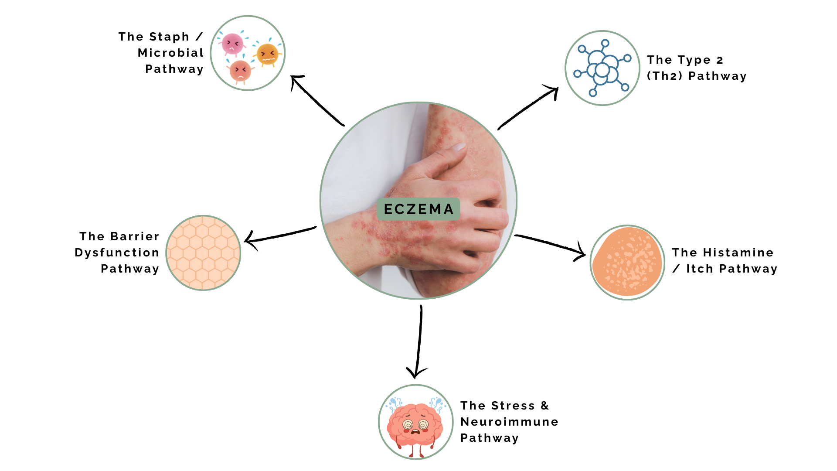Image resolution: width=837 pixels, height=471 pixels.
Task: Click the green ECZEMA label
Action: (418, 209)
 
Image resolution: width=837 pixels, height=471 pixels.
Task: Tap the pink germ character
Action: (232, 44)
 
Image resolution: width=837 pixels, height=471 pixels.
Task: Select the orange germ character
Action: (267, 55)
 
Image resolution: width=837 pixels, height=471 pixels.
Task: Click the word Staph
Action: (169, 37)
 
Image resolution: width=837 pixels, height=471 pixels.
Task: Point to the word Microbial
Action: (170, 53)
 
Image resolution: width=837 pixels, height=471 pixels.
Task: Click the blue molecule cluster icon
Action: (602, 68)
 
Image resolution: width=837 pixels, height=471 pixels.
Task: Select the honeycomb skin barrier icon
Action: (204, 253)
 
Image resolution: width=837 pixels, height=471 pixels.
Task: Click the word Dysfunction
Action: (117, 253)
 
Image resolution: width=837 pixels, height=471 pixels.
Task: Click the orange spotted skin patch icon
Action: (627, 262)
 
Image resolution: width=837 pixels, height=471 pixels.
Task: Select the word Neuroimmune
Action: (509, 422)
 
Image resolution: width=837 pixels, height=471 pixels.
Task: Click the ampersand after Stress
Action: (544, 406)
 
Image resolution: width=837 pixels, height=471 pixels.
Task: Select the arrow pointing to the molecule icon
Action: (528, 107)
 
